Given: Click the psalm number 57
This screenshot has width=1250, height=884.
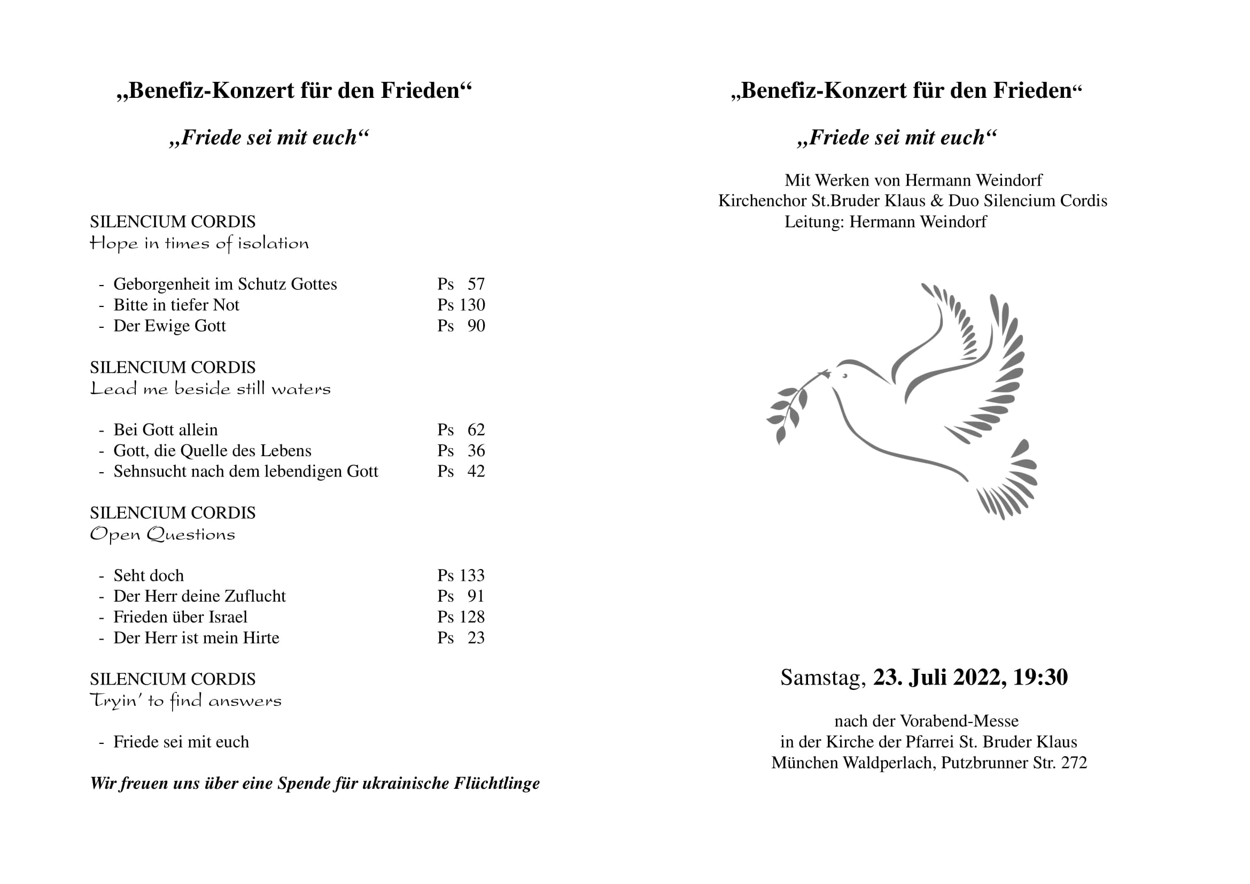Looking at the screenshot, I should [x=476, y=285].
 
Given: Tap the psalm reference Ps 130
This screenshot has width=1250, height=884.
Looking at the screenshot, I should [x=461, y=305].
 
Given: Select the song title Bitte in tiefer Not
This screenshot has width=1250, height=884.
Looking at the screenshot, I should [x=176, y=305].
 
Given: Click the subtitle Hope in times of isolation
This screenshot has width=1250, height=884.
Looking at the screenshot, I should [x=199, y=243].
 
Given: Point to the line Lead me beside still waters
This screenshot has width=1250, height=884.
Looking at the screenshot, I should [x=210, y=389].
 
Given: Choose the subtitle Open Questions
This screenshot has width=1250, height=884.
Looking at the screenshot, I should [x=162, y=534].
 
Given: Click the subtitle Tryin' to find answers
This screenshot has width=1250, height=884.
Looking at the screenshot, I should [x=185, y=701].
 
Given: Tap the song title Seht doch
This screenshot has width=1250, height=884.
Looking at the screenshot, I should [x=148, y=576].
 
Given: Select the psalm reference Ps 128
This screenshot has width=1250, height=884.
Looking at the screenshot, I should [x=461, y=617].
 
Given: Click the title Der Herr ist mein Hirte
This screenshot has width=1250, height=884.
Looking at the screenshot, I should [x=196, y=638].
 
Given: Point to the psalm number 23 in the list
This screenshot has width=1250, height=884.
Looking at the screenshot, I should [x=476, y=638].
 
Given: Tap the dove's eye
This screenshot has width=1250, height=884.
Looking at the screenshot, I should [x=845, y=376].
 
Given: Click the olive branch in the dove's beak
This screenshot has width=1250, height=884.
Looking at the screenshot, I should [x=789, y=406].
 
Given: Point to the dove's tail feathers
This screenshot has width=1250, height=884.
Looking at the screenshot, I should [x=1007, y=485].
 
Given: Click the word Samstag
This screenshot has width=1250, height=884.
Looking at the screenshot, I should [x=822, y=678].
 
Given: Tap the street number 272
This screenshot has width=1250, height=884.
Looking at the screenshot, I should [x=1074, y=763].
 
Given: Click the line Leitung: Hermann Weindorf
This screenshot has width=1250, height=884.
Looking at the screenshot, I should [x=885, y=222].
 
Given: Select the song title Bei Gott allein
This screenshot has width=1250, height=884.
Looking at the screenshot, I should [x=166, y=431].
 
